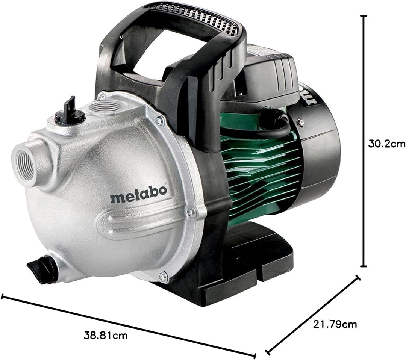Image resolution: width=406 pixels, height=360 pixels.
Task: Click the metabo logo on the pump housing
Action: pos(138,194)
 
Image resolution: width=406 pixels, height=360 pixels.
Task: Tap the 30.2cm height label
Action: pos(386,144)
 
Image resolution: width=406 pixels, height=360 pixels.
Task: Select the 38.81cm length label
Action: pos(106,336)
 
